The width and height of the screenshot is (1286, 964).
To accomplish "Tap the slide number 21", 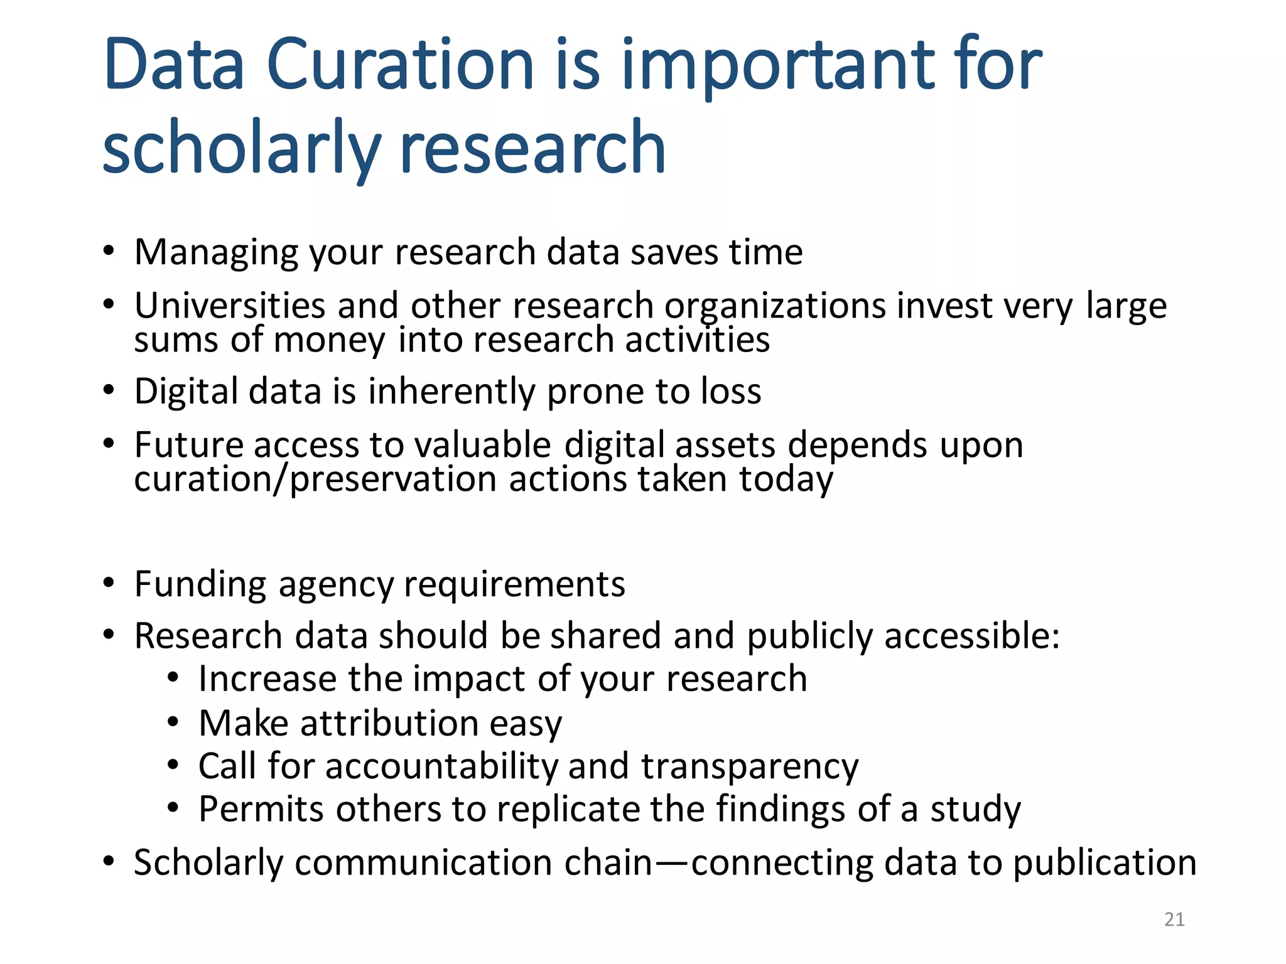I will coord(1174,919).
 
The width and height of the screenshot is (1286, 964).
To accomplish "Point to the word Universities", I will coord(230,306).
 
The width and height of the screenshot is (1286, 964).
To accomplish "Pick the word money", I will coord(329,341).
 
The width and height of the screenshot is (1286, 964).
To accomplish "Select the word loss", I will coord(731,392).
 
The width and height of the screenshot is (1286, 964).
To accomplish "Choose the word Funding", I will coord(200,585).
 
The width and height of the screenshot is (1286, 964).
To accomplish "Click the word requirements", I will coord(514,585).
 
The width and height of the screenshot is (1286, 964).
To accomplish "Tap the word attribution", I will coord(389,723).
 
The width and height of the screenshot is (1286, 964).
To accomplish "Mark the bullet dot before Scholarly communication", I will coord(109,862).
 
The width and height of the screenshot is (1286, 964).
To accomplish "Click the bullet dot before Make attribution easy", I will coord(173,722).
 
